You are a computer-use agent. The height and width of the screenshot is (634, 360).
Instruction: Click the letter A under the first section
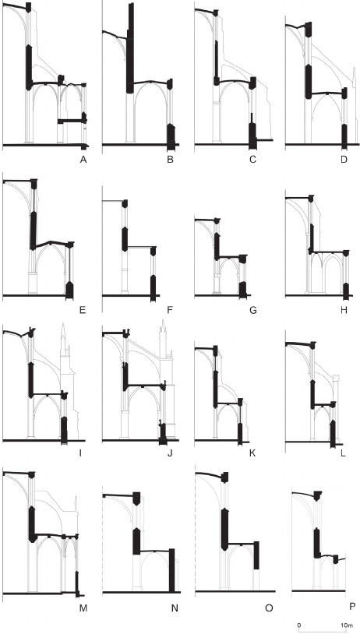83,160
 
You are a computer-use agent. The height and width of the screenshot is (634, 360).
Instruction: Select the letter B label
171,160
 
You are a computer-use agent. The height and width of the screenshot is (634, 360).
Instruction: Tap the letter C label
252,160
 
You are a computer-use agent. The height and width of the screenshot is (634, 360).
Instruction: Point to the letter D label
344,160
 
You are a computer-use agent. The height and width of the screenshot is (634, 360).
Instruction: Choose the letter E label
83,311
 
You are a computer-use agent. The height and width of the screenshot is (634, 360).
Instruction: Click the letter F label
170,311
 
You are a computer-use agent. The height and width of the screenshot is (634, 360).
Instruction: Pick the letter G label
253,311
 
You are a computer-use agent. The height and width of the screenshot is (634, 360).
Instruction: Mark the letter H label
344,311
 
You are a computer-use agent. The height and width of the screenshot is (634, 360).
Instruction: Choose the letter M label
83,608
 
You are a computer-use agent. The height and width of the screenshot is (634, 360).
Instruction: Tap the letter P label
353,606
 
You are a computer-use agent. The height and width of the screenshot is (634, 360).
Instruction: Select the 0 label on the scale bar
299,625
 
